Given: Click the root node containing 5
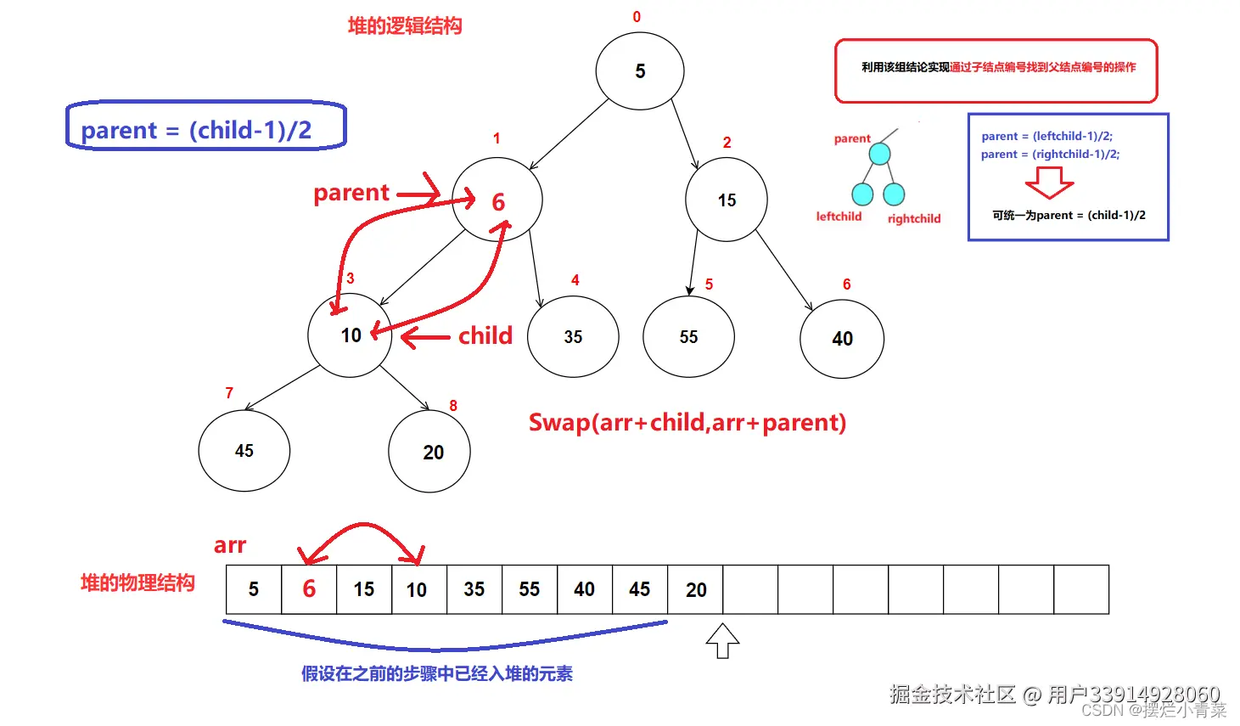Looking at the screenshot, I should pos(640,71).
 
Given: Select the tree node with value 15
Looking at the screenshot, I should pos(727,200).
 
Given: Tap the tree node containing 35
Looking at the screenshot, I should pos(573,336).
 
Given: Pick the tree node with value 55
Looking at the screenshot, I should pos(688,336).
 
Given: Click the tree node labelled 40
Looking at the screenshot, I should pos(842,338).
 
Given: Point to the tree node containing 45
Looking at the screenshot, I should pos(244,451).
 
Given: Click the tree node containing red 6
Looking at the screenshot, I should pos(497,200).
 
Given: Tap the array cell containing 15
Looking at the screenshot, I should pos(364,589).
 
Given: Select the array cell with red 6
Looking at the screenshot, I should pos(309,589).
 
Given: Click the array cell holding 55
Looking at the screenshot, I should pos(530,589).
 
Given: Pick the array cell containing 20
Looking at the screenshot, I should pos(696,589).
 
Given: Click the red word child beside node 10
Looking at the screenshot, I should pos(485,335).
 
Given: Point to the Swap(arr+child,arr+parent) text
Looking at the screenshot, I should pos(687,422).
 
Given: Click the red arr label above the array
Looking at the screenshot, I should pos(230,545).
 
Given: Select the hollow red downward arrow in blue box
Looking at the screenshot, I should pos(1050,182).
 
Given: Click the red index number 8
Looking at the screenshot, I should pos(453,406).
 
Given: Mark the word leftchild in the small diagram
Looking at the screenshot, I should pos(839,217).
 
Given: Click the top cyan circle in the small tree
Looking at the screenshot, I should pos(880,154).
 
